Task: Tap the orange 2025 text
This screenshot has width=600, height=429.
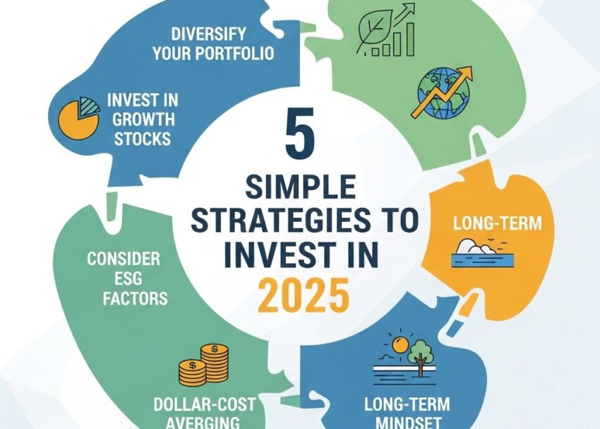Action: [x=304, y=295]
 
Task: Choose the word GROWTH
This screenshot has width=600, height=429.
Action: [x=138, y=118]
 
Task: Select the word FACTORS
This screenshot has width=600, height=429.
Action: [x=135, y=298]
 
